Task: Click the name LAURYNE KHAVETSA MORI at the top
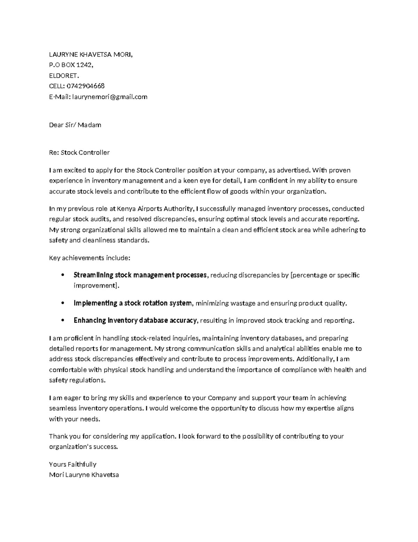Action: pos(91,54)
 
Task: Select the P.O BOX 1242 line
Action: pos(71,65)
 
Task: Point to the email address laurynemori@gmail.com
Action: pos(110,97)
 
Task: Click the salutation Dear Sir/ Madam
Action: pos(75,125)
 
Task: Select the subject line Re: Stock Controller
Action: pos(79,153)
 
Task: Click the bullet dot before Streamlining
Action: pos(62,275)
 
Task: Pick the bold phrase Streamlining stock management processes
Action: pos(140,275)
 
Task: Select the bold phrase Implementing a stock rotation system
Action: pos(132,303)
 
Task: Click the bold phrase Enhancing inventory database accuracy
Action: pos(135,320)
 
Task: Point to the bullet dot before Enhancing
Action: pos(62,320)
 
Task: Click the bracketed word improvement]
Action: pos(96,285)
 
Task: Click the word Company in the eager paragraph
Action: pos(222,398)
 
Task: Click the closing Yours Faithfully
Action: pos(72,464)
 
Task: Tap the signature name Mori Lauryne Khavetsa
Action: pos(84,475)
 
